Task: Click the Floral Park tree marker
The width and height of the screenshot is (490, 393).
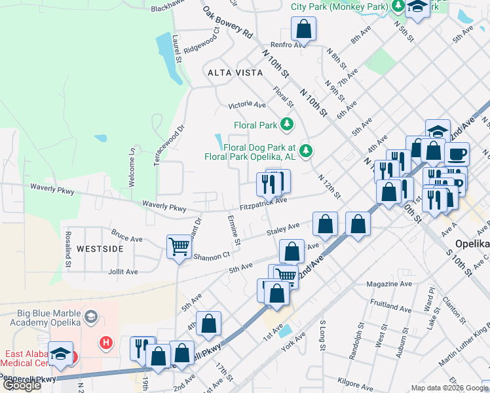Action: point(286,124)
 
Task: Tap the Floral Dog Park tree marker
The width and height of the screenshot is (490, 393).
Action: point(305,151)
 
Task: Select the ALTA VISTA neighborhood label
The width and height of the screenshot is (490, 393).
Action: point(226,73)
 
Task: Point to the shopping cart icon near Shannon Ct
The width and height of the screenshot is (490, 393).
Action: point(179,247)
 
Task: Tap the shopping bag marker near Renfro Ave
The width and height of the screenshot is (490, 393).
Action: point(303,28)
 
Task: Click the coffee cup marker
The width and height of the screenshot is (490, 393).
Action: point(457,154)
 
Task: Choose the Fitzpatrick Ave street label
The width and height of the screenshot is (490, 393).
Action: point(263,204)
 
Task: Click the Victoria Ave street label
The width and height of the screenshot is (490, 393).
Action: point(247,105)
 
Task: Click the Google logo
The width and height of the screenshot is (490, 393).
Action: point(21,385)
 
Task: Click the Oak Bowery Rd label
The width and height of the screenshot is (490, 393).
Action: point(227,22)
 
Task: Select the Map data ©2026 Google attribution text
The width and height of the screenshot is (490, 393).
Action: point(449,388)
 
